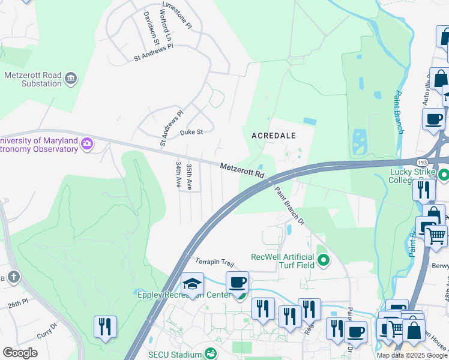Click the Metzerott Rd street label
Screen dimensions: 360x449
(x=242, y=170)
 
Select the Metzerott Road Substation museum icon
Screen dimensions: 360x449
(x=71, y=78)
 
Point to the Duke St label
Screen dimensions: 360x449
(x=191, y=132)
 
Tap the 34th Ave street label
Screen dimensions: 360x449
(x=178, y=174)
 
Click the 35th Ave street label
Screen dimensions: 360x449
(x=189, y=177)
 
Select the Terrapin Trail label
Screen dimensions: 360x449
(x=214, y=262)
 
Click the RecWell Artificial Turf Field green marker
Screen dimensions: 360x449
(x=324, y=260)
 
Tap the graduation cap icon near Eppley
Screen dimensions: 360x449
(x=193, y=284)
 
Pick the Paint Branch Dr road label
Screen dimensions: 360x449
(x=290, y=205)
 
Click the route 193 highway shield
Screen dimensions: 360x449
(x=422, y=162)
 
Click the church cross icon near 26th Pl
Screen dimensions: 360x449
(x=14, y=277)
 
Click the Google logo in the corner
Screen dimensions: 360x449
(x=20, y=353)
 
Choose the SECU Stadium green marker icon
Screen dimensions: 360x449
(x=210, y=354)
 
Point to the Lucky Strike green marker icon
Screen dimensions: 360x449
(x=444, y=175)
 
